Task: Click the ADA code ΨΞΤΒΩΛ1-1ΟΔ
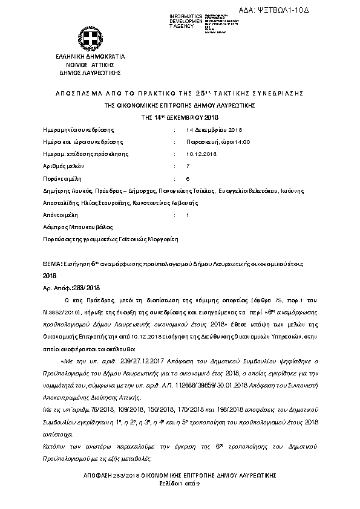(313, 10)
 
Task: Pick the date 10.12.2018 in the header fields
(200, 154)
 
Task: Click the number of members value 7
(188, 166)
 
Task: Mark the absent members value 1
(188, 215)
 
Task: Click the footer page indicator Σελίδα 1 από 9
(179, 484)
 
